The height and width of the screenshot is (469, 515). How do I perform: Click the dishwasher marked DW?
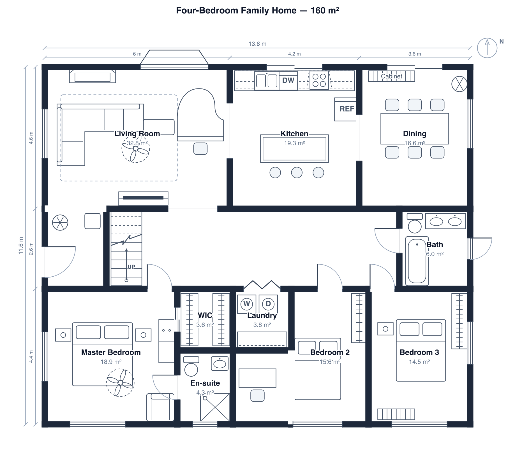point(288,81)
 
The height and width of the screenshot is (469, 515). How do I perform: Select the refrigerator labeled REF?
point(345,109)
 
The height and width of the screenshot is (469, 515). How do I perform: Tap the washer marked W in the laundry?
point(247,304)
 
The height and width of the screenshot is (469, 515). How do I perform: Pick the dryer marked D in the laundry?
point(268,304)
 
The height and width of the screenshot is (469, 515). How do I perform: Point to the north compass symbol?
point(487,48)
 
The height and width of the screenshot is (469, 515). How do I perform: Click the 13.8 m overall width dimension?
point(257,44)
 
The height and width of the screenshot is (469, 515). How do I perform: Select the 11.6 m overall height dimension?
point(21,246)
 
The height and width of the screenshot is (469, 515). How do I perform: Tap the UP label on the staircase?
point(131,267)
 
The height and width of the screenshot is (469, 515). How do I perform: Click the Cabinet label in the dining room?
point(391,76)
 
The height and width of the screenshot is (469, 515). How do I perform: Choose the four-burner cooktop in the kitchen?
point(319,80)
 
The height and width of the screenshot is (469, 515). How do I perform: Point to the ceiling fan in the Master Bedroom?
point(120,382)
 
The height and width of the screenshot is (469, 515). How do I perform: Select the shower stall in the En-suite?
point(215,407)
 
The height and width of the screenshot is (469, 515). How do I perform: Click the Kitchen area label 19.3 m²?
point(294,143)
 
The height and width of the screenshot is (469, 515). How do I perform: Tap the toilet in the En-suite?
point(191,366)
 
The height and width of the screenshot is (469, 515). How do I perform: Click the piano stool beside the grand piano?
point(200,149)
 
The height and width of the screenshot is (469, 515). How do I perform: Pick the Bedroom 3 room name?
point(419,352)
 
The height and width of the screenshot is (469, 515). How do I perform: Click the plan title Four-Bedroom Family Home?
point(236,10)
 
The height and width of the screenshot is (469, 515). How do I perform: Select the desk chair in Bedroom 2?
point(257,396)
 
